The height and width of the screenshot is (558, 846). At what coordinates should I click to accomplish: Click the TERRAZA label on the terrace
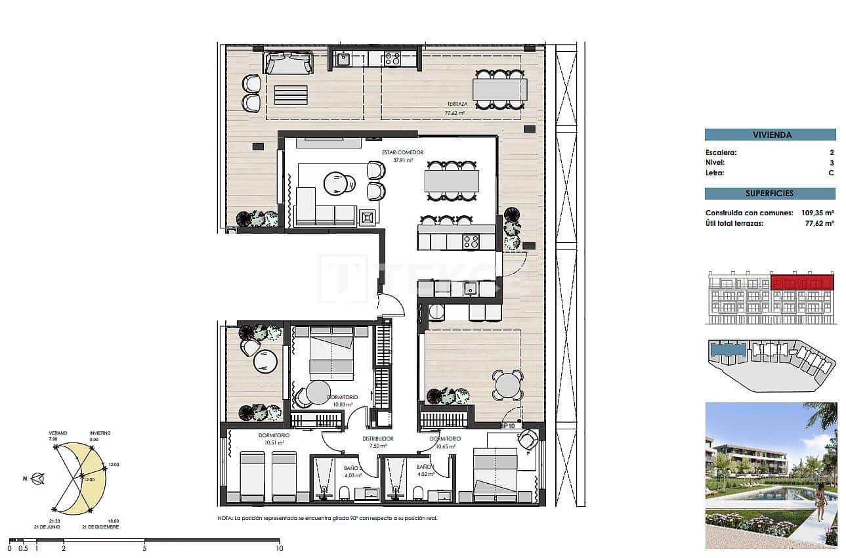(457, 104)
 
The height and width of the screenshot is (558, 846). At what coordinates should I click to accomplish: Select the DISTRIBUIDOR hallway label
(377, 439)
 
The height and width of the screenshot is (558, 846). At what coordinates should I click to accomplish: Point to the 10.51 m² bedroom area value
(274, 442)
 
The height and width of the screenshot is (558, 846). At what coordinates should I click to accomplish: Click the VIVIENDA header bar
(770, 135)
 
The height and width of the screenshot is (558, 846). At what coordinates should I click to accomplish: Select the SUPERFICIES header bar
(770, 194)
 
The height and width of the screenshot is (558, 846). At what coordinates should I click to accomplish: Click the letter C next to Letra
(831, 173)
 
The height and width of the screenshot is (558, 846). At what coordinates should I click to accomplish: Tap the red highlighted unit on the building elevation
(802, 283)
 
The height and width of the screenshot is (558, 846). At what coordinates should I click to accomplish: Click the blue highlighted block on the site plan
(728, 350)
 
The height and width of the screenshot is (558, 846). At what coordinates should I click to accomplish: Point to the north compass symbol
(39, 479)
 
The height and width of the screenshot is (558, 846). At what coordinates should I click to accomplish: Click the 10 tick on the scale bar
(280, 548)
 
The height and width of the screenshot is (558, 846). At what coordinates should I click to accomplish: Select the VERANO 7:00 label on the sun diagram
(58, 436)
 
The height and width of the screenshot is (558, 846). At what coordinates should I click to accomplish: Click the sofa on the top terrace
(287, 64)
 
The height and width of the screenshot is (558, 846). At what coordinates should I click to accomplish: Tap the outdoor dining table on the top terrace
(499, 89)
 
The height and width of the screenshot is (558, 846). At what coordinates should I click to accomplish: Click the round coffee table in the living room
(336, 183)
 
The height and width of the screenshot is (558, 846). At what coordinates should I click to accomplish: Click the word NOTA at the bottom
(224, 518)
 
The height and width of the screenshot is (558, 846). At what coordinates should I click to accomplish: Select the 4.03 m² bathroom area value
(353, 475)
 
